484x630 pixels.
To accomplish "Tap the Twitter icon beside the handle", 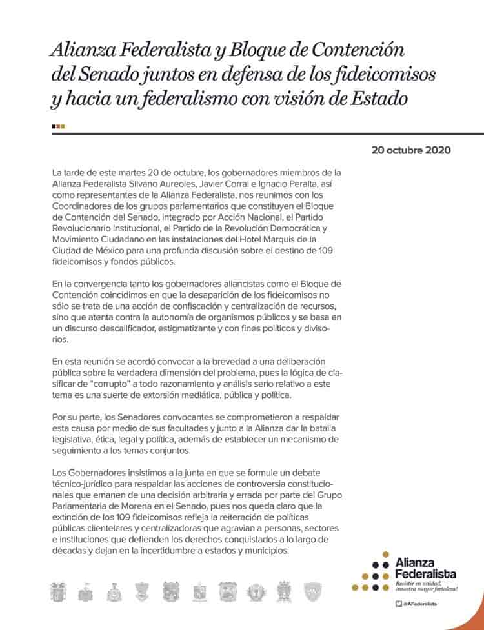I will coord(399,604).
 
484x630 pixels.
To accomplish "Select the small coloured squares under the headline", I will coord(58,126).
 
